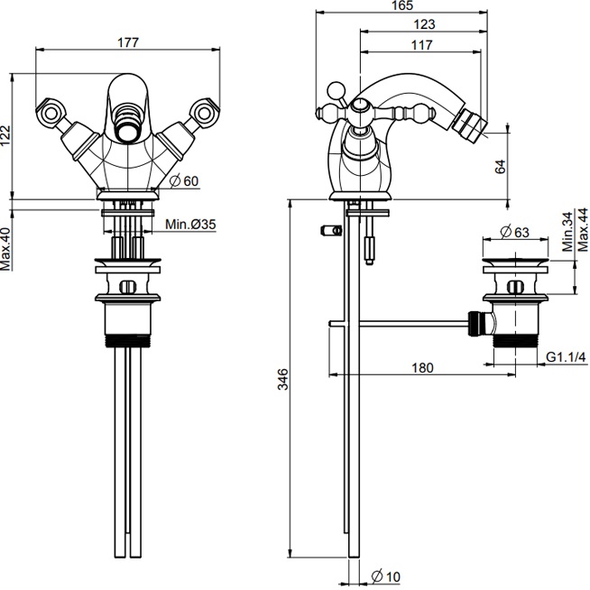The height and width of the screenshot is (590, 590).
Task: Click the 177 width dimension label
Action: pos(128,42)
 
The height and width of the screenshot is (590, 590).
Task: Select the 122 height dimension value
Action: pos(6,135)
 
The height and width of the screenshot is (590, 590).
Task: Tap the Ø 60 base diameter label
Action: pos(184,181)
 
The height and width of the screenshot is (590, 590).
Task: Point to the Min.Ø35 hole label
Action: pos(190,225)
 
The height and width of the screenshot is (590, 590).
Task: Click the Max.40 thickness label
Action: pos(5,249)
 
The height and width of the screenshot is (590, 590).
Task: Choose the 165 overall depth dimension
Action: pos(401,5)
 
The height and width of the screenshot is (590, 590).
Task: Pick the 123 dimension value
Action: pos(424,24)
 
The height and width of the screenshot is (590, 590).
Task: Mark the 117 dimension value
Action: pos(421,45)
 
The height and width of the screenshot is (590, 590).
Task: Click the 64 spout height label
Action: pos(501,167)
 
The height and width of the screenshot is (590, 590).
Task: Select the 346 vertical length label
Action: pos(283,379)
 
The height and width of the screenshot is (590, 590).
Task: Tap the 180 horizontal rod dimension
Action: pos(422,367)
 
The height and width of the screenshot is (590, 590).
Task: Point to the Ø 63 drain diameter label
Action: pos(514,232)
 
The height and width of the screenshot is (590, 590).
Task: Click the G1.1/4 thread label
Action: pos(566,356)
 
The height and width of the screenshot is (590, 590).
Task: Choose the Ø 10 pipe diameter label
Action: pos(386,576)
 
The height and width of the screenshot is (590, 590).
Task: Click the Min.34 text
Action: pos(567,232)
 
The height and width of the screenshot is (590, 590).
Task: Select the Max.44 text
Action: pos(583,229)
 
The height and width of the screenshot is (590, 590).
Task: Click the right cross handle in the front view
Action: pos(205,112)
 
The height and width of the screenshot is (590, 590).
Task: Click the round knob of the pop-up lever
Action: pos(336,91)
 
